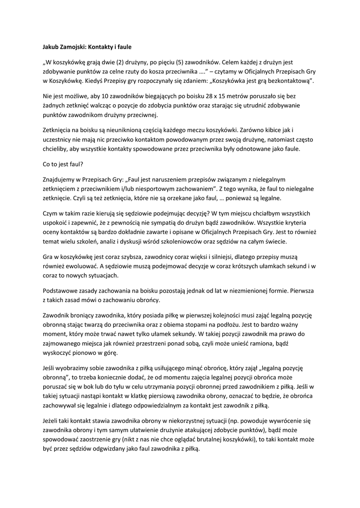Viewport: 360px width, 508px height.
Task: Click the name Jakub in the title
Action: click(x=51, y=47)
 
